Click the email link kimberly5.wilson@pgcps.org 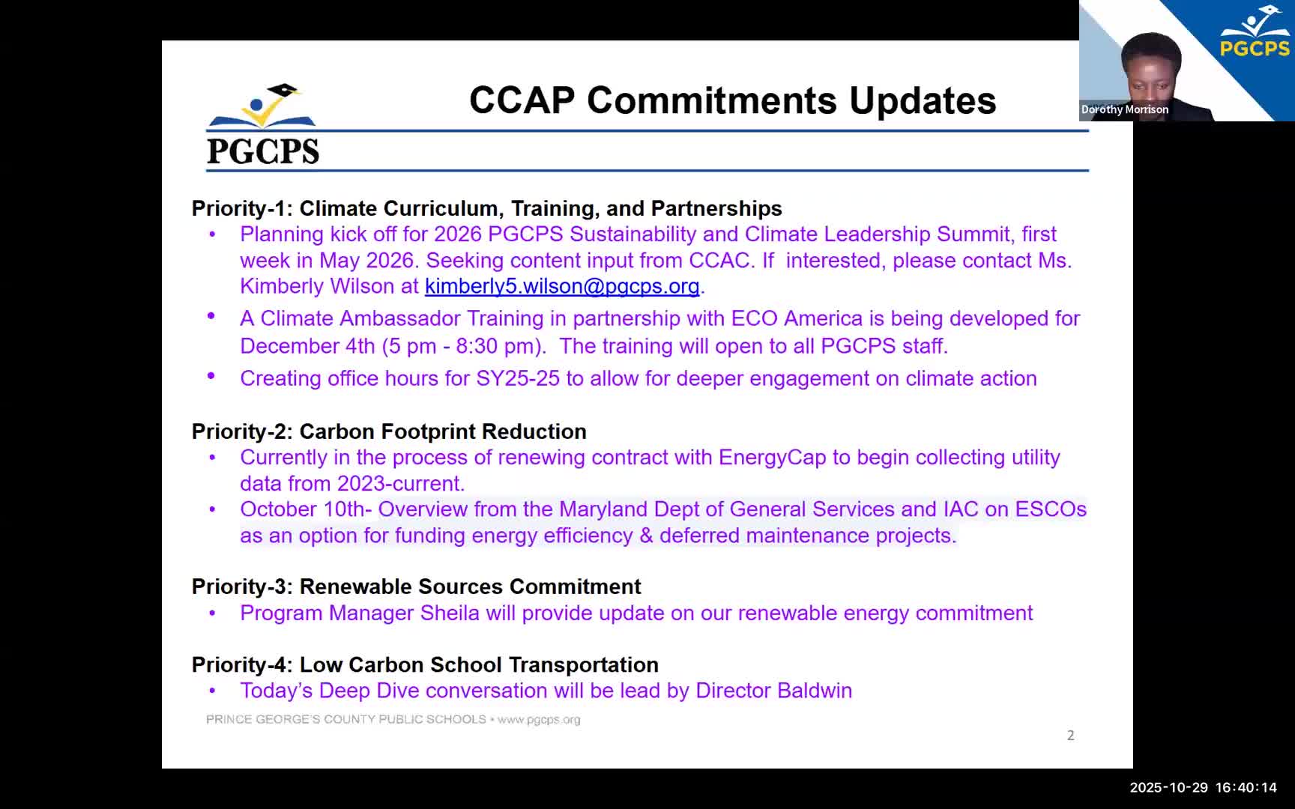(x=561, y=286)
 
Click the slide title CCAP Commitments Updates (x=732, y=100)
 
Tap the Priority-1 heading (x=486, y=208)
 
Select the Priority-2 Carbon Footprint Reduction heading (x=389, y=431)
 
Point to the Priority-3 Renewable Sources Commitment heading (x=416, y=587)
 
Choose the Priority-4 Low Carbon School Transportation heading (x=425, y=665)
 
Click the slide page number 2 (x=1070, y=736)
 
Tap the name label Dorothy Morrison (x=1124, y=109)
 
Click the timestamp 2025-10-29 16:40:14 (x=1203, y=787)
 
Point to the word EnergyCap (x=772, y=458)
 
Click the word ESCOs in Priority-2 (x=1051, y=509)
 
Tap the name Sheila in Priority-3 (x=450, y=613)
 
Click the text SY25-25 (x=518, y=378)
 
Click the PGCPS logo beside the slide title (x=262, y=125)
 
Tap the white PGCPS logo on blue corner (x=1255, y=34)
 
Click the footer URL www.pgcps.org (x=539, y=720)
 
